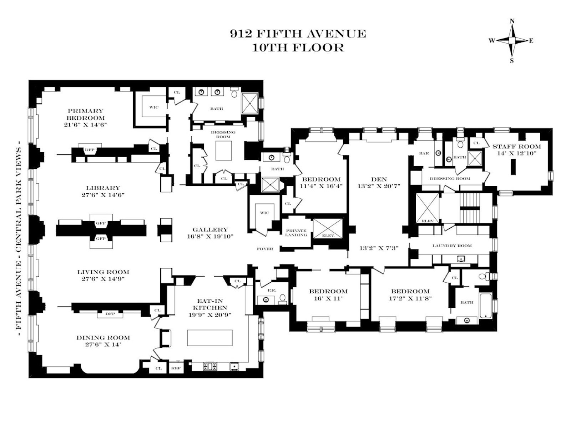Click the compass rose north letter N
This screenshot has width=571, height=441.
click(512, 21)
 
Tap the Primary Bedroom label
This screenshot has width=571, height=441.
click(86, 114)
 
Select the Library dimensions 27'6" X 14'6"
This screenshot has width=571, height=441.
click(103, 195)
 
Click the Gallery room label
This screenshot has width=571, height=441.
click(210, 230)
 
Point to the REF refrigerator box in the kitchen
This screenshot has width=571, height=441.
click(176, 368)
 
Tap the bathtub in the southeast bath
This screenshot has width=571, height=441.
click(486, 306)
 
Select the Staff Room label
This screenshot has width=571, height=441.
click(517, 147)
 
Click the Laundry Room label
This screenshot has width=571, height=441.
click(452, 246)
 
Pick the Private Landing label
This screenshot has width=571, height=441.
click(296, 233)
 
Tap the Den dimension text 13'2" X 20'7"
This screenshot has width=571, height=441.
click(379, 186)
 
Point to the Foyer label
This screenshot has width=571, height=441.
click(265, 249)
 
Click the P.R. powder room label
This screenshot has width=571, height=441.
click(272, 291)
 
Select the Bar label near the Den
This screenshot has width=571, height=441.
click(424, 153)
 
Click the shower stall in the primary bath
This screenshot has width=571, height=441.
click(250, 103)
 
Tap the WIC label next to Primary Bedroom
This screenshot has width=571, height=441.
click(154, 107)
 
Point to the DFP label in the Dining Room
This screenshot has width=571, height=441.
click(110, 314)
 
